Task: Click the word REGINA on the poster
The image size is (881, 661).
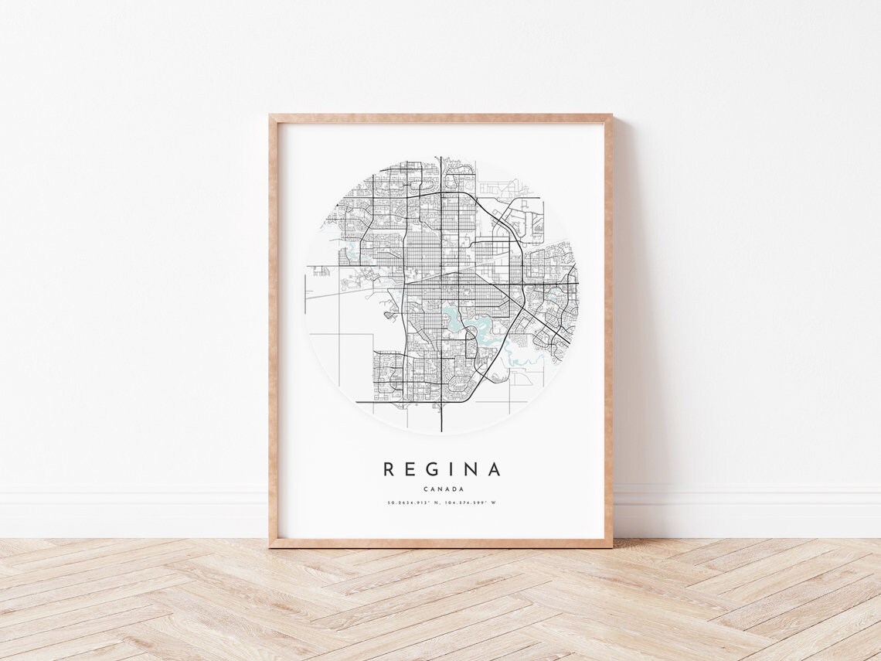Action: tap(441, 469)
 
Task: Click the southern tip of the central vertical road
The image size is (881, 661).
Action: tap(440, 430)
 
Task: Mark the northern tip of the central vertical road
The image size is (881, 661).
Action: tap(440, 157)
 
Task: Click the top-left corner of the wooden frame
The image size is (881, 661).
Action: tap(270, 116)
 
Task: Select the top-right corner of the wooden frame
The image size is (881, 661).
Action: tap(611, 116)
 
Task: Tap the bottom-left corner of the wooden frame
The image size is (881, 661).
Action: tap(270, 546)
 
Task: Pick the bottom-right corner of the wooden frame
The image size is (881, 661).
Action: tap(611, 546)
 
